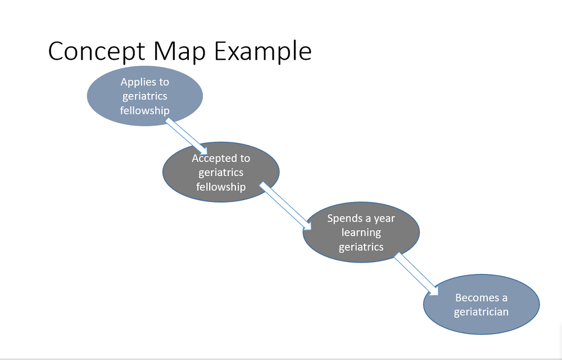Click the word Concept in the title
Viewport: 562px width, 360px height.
[x=96, y=51]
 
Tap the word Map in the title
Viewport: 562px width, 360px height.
[x=180, y=51]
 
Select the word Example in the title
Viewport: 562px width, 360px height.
[x=263, y=51]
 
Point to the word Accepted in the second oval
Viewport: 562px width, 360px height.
[x=211, y=158]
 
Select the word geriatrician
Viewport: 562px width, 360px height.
[x=481, y=312]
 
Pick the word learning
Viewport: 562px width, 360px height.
[x=361, y=233]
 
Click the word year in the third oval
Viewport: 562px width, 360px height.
[x=384, y=219]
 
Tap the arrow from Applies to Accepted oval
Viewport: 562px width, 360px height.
[x=187, y=137]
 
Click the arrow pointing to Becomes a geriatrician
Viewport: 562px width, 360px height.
[x=416, y=274]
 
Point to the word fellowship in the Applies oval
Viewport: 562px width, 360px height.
[x=144, y=110]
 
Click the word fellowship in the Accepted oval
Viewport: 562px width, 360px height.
[x=221, y=187]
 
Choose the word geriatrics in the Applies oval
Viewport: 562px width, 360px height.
[x=144, y=96]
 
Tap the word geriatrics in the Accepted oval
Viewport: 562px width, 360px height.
[x=221, y=173]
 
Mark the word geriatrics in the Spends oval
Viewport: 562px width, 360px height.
[x=361, y=247]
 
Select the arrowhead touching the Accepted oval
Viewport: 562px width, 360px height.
[x=202, y=151]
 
